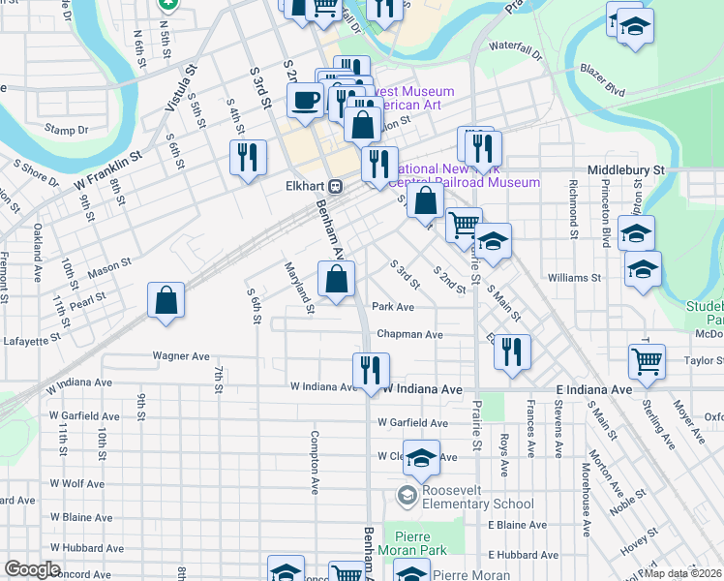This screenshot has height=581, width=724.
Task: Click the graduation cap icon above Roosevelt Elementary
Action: (421, 458)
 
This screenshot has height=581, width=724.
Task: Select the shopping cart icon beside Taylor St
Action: (647, 361)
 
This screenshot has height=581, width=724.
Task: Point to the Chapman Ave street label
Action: (409, 335)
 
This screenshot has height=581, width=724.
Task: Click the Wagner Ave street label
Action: (181, 356)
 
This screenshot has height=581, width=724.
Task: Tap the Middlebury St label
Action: (626, 168)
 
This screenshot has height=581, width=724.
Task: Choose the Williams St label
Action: (574, 277)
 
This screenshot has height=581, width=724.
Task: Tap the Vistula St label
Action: (181, 86)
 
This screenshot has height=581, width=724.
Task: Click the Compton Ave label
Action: (315, 464)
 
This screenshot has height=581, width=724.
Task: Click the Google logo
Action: (31, 569)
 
